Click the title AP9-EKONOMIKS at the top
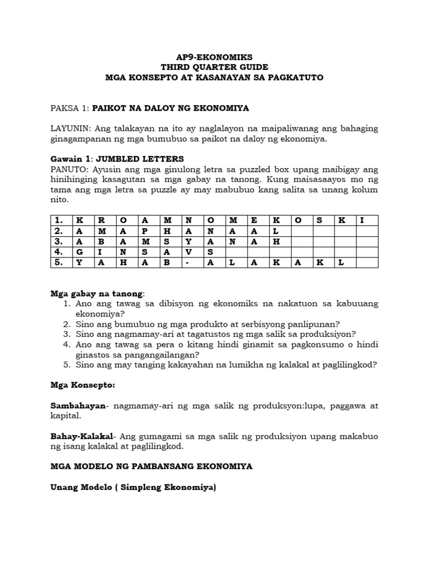[214, 57]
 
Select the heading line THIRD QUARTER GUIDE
[214, 67]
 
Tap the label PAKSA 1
[69, 107]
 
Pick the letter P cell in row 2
[144, 231]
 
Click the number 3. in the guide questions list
[66, 334]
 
